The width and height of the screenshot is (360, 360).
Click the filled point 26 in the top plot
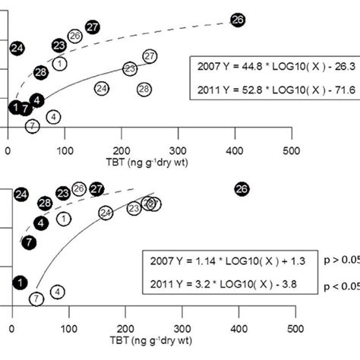238,21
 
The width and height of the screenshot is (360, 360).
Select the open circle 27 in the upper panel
150,56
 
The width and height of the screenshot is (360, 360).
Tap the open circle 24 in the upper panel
101,89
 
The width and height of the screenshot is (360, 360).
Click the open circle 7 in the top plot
32,126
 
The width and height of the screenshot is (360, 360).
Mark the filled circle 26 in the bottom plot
242,188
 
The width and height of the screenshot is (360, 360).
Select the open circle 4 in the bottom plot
58,292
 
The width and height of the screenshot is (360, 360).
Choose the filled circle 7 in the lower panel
29,242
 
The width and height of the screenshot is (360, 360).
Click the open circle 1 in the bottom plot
65,219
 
